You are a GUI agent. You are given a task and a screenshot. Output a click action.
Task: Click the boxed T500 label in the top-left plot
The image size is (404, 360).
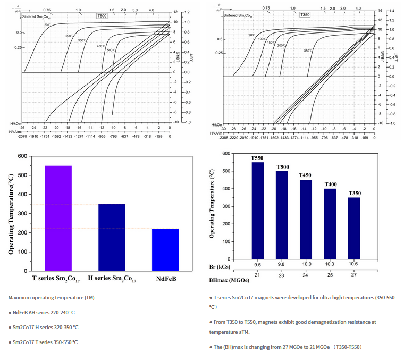(x=101, y=16)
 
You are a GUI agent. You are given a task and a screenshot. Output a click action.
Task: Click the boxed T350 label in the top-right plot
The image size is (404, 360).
(x=305, y=15)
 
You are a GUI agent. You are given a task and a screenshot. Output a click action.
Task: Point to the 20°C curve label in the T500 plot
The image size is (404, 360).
(x=47, y=25)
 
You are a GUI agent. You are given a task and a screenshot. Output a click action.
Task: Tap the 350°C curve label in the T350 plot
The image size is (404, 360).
(x=308, y=51)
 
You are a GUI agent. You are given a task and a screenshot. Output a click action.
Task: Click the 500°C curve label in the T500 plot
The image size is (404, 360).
(x=111, y=50)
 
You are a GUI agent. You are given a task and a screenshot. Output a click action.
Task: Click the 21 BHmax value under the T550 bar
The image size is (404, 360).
(x=257, y=274)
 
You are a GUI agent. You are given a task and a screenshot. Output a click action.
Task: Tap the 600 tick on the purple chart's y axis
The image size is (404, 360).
(x=24, y=156)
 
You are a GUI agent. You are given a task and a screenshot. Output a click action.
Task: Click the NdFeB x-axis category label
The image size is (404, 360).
(x=165, y=278)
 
